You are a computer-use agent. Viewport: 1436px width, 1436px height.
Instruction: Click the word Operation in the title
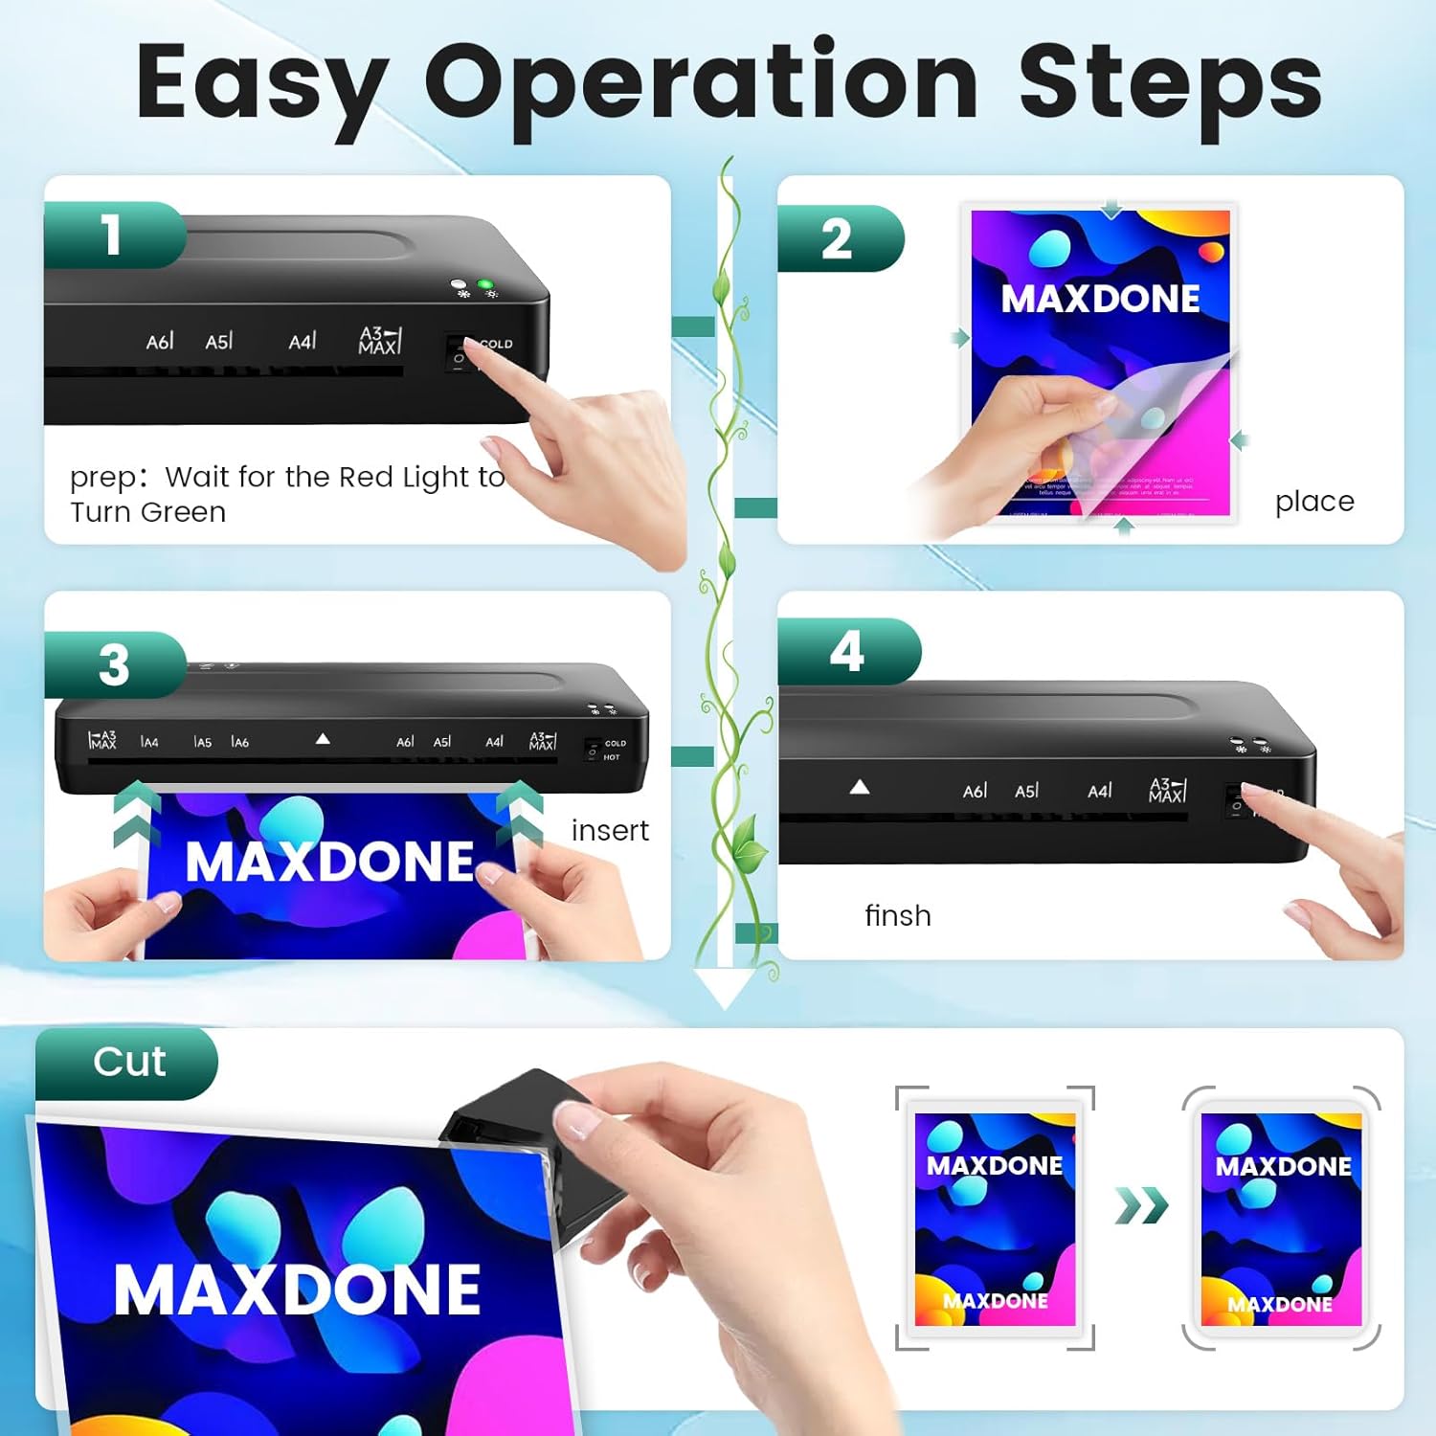click(x=701, y=84)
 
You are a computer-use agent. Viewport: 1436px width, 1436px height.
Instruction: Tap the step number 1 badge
click(x=113, y=235)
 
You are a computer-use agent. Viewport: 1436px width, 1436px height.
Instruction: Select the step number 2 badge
click(x=837, y=238)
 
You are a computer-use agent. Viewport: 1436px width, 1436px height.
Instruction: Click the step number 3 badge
click(x=114, y=664)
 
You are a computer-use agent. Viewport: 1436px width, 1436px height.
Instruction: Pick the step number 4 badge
click(x=847, y=652)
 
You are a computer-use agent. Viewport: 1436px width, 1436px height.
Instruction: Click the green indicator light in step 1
click(x=485, y=285)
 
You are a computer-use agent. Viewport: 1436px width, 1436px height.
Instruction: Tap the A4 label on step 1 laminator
click(x=302, y=342)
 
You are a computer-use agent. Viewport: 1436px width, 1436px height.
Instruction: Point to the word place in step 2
click(x=1313, y=502)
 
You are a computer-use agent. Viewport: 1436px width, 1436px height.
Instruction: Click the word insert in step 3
click(x=610, y=830)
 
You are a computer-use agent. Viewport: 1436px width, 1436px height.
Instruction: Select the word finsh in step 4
click(x=897, y=916)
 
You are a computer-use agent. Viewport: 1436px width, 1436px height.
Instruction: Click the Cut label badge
click(x=129, y=1063)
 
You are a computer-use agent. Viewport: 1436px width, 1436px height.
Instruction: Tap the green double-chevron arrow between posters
click(x=1141, y=1205)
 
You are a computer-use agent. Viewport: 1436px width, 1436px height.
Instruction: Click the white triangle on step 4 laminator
click(x=860, y=787)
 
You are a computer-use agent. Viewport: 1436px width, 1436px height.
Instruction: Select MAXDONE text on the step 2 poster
click(x=1100, y=300)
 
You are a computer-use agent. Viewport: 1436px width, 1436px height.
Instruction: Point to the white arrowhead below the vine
click(x=725, y=986)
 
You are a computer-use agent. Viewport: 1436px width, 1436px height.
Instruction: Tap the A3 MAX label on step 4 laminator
click(x=1167, y=791)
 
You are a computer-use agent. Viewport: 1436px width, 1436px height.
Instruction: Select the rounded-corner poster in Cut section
click(x=1281, y=1218)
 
